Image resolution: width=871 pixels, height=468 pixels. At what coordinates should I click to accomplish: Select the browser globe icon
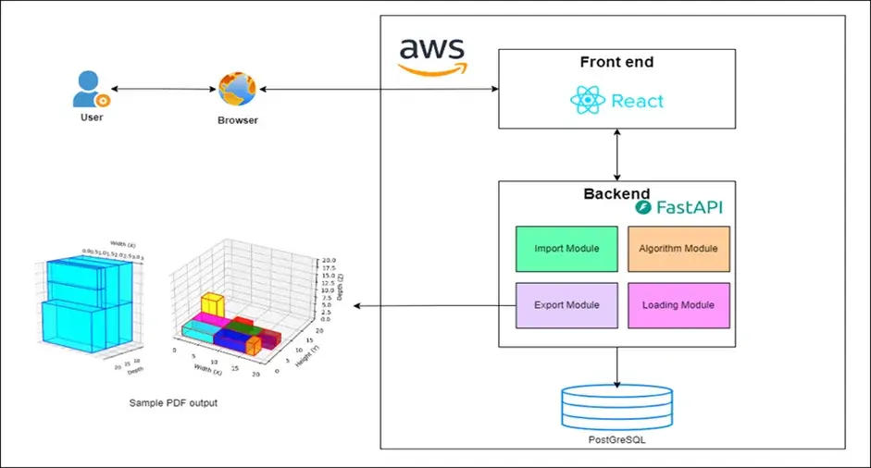[237, 91]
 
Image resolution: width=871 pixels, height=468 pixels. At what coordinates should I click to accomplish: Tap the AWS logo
[431, 56]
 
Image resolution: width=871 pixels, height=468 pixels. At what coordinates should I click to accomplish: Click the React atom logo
[588, 100]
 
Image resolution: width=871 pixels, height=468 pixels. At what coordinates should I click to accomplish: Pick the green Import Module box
[566, 249]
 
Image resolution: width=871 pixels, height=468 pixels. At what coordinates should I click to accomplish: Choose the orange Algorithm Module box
[678, 249]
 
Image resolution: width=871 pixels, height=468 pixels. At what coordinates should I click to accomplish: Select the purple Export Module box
[566, 305]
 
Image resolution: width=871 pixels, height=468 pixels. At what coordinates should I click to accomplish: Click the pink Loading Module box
[678, 305]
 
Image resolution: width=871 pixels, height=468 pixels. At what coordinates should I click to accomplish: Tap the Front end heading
[616, 63]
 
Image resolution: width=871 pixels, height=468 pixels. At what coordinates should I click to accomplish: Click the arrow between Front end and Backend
[616, 154]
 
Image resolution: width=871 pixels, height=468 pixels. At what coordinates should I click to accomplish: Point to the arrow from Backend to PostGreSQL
[616, 366]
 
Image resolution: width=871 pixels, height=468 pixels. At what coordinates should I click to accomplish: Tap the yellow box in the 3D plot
[212, 304]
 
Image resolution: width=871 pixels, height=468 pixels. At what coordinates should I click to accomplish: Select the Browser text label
[238, 120]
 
